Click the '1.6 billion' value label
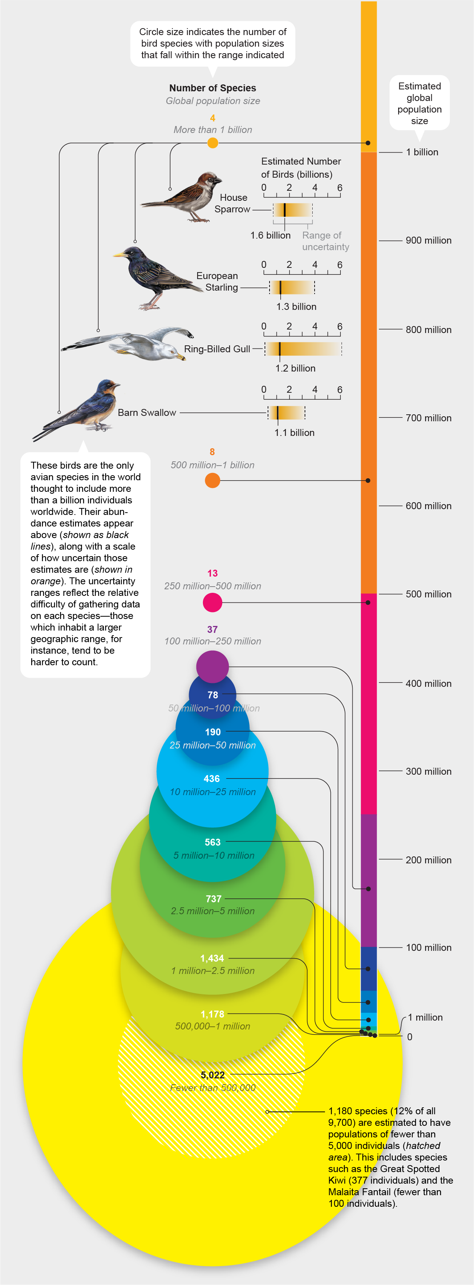click(270, 235)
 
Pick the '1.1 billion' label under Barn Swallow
click(294, 432)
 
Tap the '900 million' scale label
click(428, 241)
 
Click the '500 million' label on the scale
click(428, 594)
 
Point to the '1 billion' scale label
click(422, 152)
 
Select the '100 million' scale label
click(428, 947)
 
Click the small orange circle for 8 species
click(212, 480)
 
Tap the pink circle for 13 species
click(212, 602)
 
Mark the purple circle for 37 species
click(212, 666)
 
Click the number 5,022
click(212, 1075)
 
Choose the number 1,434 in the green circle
click(212, 958)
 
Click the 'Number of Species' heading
click(212, 88)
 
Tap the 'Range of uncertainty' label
click(325, 241)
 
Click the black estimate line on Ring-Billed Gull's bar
click(280, 349)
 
